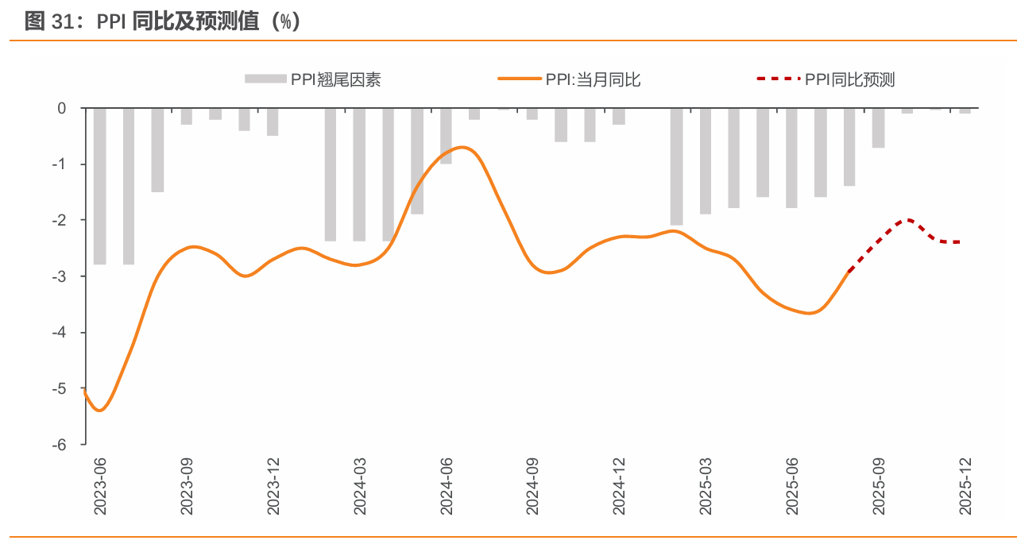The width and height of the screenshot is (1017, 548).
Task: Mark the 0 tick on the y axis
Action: click(x=62, y=108)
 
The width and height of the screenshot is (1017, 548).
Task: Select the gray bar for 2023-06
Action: click(x=100, y=186)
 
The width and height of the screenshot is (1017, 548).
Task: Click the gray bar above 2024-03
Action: click(x=360, y=175)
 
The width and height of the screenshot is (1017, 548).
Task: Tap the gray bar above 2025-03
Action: click(x=706, y=161)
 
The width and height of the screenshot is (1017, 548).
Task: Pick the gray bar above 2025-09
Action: click(x=878, y=128)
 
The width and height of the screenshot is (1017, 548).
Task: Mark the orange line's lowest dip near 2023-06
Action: click(x=100, y=410)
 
